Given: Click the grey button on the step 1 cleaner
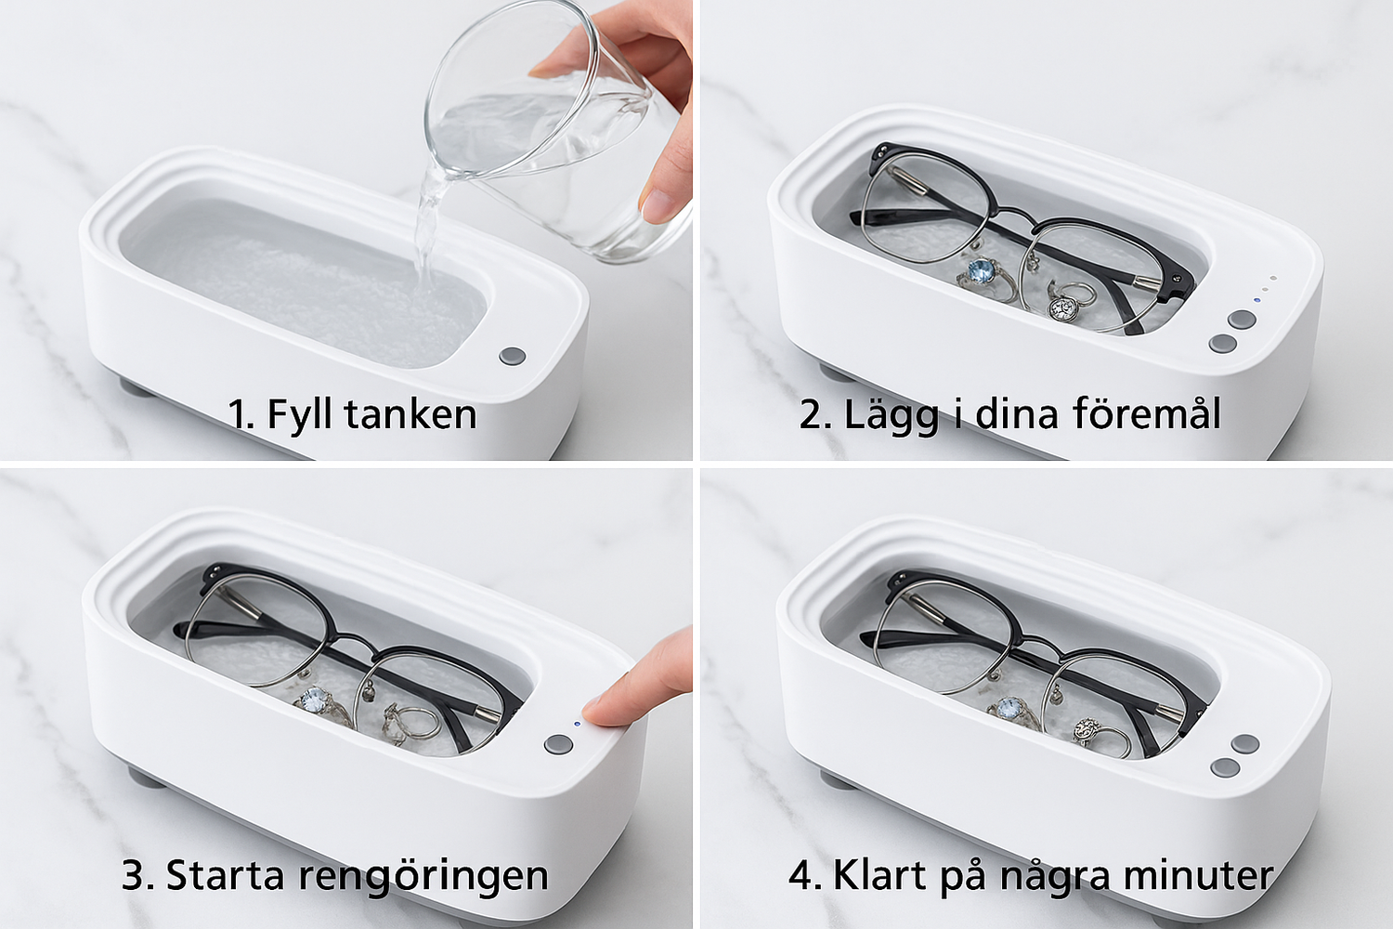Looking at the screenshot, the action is pos(513,357).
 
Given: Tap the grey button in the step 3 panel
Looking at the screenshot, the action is pos(558,743).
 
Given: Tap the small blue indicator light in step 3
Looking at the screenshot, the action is pos(578,724).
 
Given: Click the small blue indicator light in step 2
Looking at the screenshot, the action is pos(1256,300).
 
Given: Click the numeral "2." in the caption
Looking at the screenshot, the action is pos(815,413).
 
